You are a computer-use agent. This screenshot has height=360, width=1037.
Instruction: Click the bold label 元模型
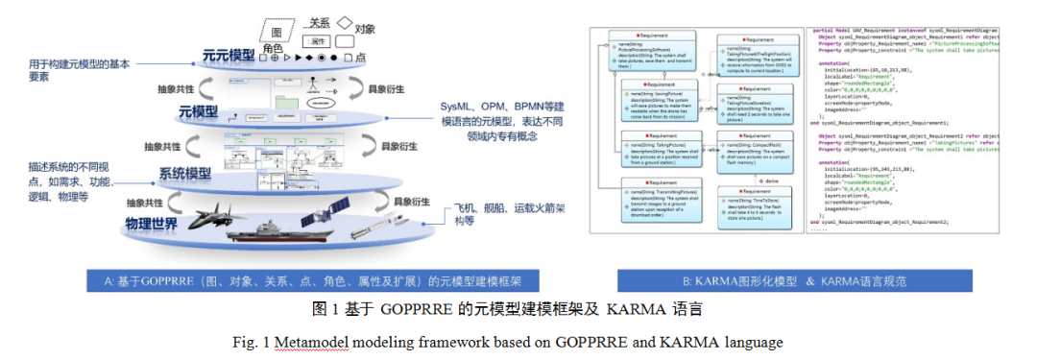pos(199,113)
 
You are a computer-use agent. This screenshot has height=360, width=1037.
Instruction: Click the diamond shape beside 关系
pos(343,20)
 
